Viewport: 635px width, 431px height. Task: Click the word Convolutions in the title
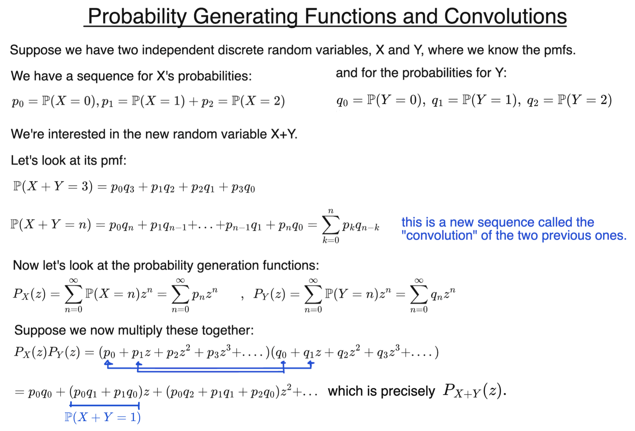[505, 16]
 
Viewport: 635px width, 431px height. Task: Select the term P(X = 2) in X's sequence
[258, 101]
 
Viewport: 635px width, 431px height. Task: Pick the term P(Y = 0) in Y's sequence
[395, 100]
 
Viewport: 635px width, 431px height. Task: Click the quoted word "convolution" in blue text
[439, 236]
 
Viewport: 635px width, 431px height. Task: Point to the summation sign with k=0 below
[331, 225]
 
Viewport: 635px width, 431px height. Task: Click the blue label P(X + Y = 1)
[102, 417]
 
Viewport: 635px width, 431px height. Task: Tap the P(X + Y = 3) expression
[53, 187]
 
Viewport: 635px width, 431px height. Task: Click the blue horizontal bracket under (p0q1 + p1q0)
[105, 405]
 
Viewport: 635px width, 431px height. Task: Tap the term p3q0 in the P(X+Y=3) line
[243, 188]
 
